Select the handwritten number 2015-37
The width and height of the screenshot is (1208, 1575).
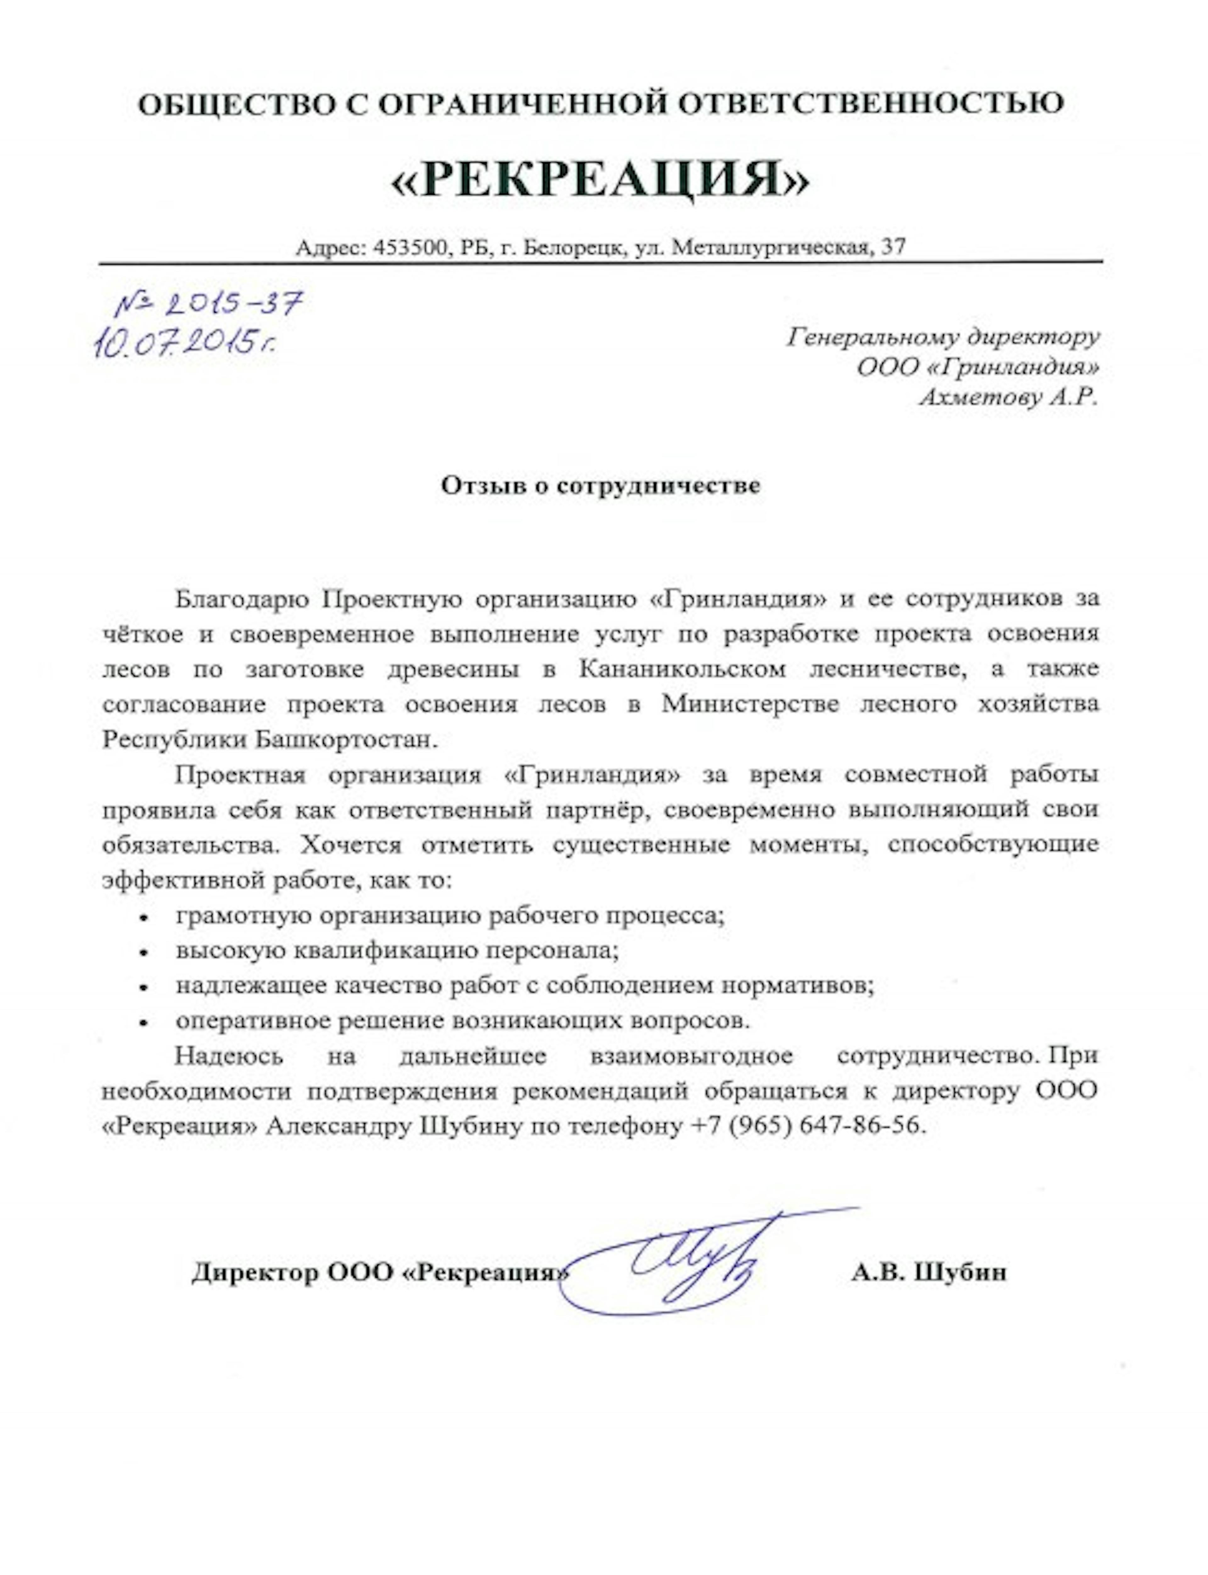point(209,306)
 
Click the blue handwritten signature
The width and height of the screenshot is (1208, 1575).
point(690,1263)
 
